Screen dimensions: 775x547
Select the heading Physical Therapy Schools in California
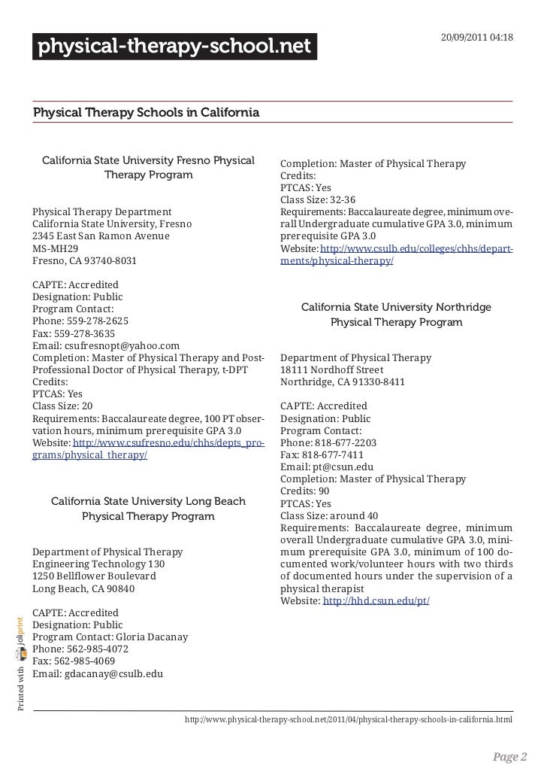click(146, 113)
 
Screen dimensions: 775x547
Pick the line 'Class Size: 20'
click(63, 406)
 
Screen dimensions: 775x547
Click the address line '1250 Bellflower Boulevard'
click(95, 576)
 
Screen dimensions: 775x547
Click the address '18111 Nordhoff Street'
click(331, 370)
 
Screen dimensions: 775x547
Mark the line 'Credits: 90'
click(305, 491)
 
